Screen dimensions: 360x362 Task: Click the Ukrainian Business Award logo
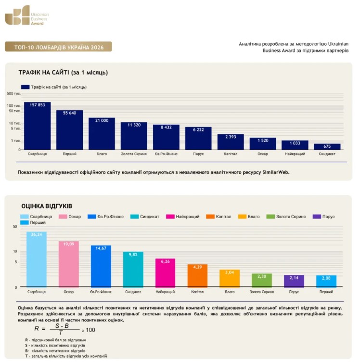pos(27,15)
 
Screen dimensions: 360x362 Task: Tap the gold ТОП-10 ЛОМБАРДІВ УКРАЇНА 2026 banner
pos(58,47)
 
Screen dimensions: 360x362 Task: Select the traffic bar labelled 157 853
pos(38,126)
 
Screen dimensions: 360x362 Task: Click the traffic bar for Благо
pos(102,134)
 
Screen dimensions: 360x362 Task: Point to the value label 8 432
pos(166,128)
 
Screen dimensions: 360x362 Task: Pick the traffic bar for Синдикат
pos(327,147)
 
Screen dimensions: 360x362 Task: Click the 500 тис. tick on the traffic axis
pos(13,93)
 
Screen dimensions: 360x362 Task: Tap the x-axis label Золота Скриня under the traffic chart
pos(134,154)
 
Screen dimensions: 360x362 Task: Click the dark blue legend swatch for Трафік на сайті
pos(25,87)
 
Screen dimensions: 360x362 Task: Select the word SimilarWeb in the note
pos(276,172)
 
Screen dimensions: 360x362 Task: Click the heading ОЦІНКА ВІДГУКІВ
pos(47,206)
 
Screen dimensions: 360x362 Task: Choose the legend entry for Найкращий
pos(183,217)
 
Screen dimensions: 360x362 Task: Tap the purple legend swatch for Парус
pos(317,217)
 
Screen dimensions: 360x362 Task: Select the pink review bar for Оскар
pos(69,264)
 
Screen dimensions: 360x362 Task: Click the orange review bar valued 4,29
pos(197,276)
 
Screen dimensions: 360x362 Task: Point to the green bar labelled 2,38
pos(262,280)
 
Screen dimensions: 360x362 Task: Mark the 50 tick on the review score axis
pos(15,226)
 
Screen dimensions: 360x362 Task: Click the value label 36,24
pos(37,234)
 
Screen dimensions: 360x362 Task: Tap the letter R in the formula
pos(37,328)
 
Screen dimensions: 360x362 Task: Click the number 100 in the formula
pos(90,330)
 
